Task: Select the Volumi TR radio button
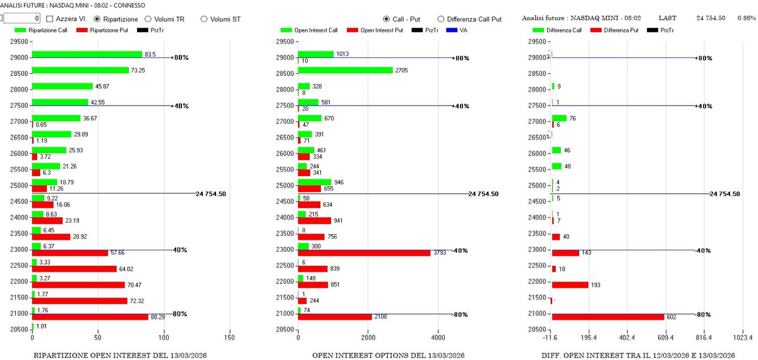pos(148,19)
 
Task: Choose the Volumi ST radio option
pos(204,19)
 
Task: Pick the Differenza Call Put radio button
pos(441,19)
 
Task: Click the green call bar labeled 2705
pos(345,70)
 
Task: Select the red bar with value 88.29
pos(90,317)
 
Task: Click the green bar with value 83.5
pos(87,54)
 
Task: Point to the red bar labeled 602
pos(608,317)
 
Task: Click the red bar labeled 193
pos(570,285)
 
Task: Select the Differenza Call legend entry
pos(556,30)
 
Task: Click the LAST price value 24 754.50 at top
pos(711,18)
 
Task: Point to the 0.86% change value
pos(746,18)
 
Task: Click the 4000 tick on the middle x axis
pos(437,338)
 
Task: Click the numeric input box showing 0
pos(23,19)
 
